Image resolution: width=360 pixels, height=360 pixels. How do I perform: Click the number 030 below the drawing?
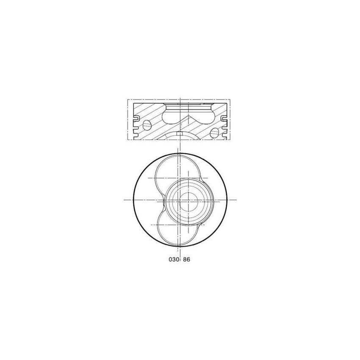pyautogui.click(x=174, y=260)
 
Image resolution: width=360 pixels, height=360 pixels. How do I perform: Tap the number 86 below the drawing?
pyautogui.click(x=187, y=260)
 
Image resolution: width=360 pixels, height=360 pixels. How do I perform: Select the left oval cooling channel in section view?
pyautogui.click(x=147, y=125)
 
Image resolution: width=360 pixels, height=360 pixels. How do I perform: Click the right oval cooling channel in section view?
pyautogui.click(x=215, y=133)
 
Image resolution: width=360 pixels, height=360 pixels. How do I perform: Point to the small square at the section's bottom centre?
pyautogui.click(x=180, y=133)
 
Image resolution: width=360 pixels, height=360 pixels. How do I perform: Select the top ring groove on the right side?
pyautogui.click(x=224, y=118)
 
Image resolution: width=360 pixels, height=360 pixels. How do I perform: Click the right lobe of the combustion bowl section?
pyautogui.click(x=207, y=116)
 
